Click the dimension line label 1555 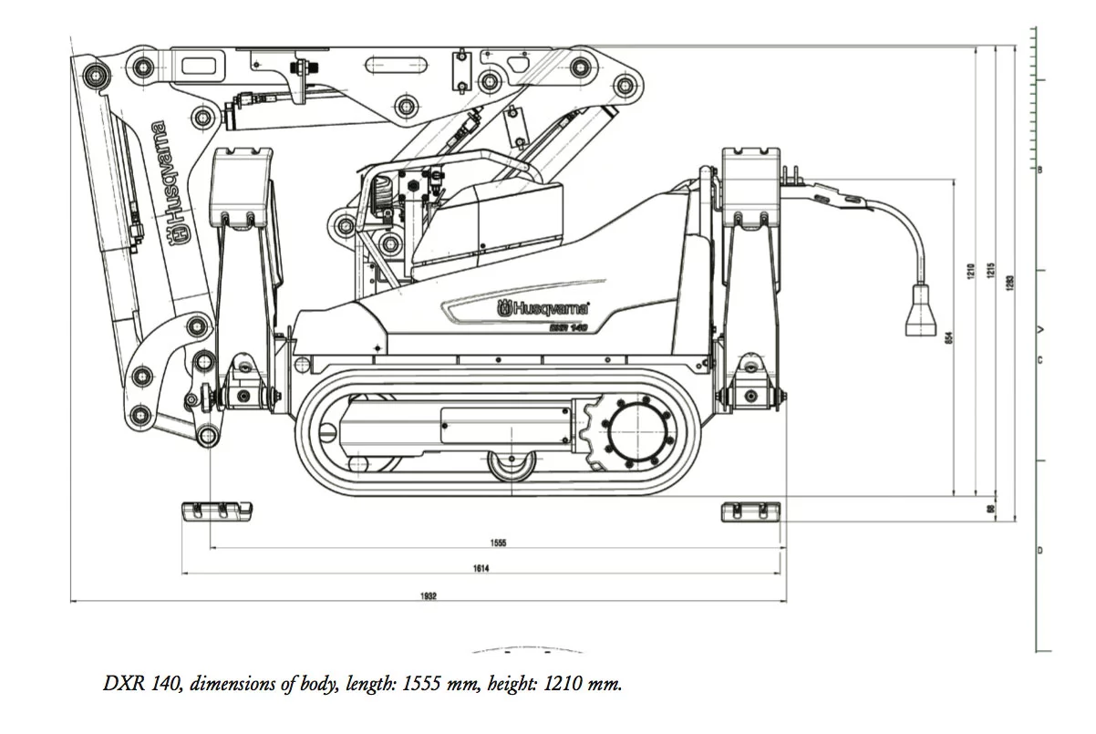click(x=498, y=543)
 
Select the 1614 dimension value click(x=481, y=568)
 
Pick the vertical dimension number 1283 click(x=1009, y=283)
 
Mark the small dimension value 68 click(x=990, y=509)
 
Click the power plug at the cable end click(x=921, y=312)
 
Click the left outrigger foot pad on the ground click(x=217, y=511)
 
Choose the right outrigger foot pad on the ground click(x=750, y=512)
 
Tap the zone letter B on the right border click(x=1039, y=170)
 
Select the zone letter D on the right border click(x=1039, y=551)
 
